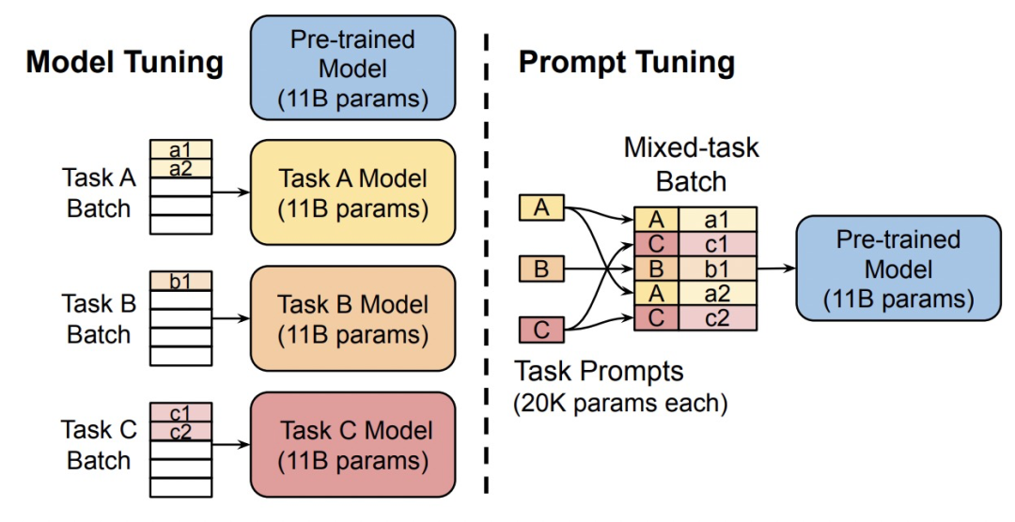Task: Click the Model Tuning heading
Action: [125, 63]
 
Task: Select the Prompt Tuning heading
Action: [626, 63]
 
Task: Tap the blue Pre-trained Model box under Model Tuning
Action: [353, 68]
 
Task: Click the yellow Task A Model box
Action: [353, 192]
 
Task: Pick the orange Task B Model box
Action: [353, 319]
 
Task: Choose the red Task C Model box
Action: [353, 445]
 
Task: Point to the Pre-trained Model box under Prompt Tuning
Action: [898, 269]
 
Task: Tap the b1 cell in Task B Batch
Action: [181, 280]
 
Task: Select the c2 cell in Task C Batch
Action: [181, 432]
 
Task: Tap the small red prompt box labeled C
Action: [541, 331]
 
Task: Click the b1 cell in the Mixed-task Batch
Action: [716, 269]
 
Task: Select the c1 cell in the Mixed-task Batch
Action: [716, 245]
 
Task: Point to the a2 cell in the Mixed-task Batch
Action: [716, 294]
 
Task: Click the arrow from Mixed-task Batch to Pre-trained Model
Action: [776, 269]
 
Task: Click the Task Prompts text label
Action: [599, 372]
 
